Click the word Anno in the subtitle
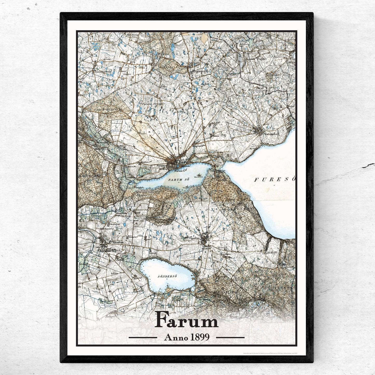click(x=174, y=337)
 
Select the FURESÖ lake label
click(x=274, y=179)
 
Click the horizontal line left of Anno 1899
click(x=143, y=338)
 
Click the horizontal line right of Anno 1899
click(x=230, y=338)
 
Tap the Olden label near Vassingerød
click(x=142, y=68)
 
